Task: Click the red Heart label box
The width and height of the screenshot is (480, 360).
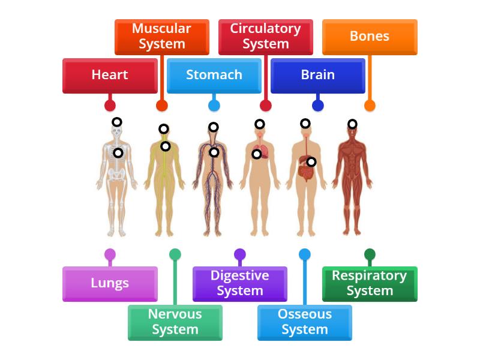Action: [110, 75]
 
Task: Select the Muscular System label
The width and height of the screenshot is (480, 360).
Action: [161, 36]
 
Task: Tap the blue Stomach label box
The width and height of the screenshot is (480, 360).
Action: [214, 75]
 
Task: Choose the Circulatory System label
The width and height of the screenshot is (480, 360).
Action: [265, 36]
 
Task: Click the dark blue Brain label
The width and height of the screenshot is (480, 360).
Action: [317, 75]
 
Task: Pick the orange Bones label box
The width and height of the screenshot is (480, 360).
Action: [370, 36]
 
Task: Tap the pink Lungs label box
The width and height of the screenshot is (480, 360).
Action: [110, 283]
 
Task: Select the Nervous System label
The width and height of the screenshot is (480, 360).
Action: [175, 322]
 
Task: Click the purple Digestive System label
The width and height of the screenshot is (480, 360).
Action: [239, 283]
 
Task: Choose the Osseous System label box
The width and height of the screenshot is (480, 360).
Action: [304, 322]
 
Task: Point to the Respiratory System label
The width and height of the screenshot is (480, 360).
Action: [370, 283]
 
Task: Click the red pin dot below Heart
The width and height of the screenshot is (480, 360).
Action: [110, 106]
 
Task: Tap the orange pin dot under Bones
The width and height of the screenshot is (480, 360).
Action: [370, 106]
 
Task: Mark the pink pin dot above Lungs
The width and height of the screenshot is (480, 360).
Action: [110, 254]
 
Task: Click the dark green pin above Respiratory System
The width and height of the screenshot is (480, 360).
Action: [370, 254]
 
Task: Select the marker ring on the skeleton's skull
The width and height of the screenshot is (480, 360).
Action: [117, 122]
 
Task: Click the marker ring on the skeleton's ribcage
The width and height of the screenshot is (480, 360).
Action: [118, 153]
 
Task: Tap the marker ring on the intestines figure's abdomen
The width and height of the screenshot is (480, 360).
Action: [311, 161]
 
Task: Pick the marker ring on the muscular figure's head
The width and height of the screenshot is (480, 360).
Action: [352, 124]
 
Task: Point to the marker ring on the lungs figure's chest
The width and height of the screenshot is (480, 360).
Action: [256, 154]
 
